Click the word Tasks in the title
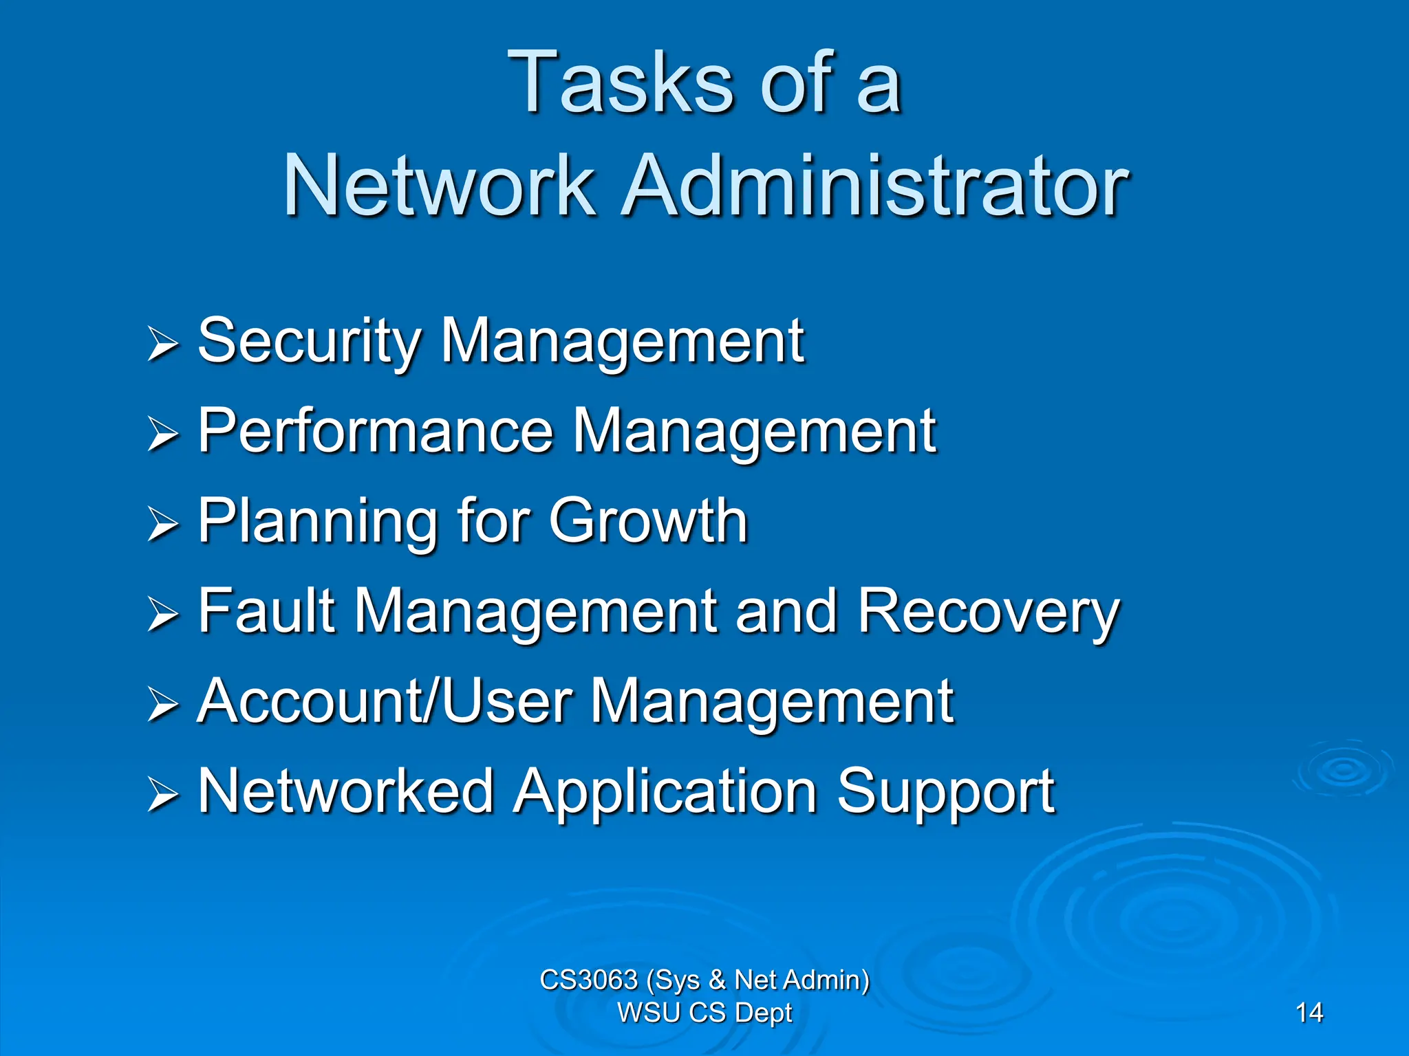[x=621, y=84]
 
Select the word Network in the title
[x=439, y=186]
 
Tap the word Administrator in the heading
[x=874, y=186]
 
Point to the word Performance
[x=376, y=432]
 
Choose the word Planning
[x=318, y=522]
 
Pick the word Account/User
[x=384, y=702]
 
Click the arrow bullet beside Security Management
[x=163, y=344]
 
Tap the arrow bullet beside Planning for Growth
[x=163, y=525]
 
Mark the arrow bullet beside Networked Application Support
[x=163, y=795]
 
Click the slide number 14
[x=1309, y=1013]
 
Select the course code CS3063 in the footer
[x=588, y=980]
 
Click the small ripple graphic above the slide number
[x=1342, y=769]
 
